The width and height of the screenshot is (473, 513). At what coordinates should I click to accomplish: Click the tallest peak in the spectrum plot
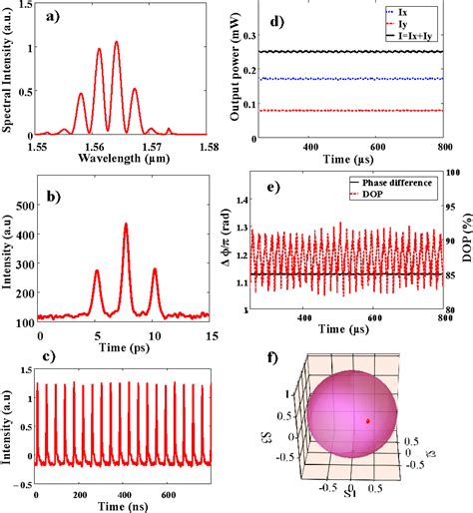pyautogui.click(x=117, y=43)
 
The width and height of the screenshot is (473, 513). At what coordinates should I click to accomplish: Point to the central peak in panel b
pyautogui.click(x=126, y=225)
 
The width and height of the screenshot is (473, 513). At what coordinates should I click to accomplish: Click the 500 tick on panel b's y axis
pyautogui.click(x=24, y=181)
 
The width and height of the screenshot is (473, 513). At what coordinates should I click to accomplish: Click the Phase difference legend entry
pyautogui.click(x=403, y=184)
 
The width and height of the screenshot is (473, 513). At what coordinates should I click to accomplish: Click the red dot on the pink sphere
pyautogui.click(x=368, y=421)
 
